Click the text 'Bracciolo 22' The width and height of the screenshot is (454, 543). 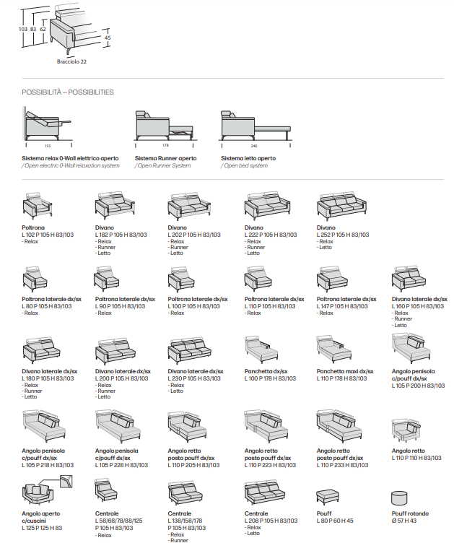[x=71, y=61]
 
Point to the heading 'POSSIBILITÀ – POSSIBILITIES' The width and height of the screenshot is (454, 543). [x=68, y=92]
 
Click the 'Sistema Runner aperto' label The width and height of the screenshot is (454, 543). [x=165, y=158]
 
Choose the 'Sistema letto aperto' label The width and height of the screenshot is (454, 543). [x=248, y=158]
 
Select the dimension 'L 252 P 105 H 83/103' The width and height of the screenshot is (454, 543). [x=343, y=235]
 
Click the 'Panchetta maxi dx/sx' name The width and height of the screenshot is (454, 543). [x=345, y=371]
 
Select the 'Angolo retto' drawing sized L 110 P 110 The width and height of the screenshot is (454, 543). [x=407, y=432]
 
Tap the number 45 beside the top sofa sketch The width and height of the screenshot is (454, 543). [x=108, y=38]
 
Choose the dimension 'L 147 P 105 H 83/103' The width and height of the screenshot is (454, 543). [x=343, y=306]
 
